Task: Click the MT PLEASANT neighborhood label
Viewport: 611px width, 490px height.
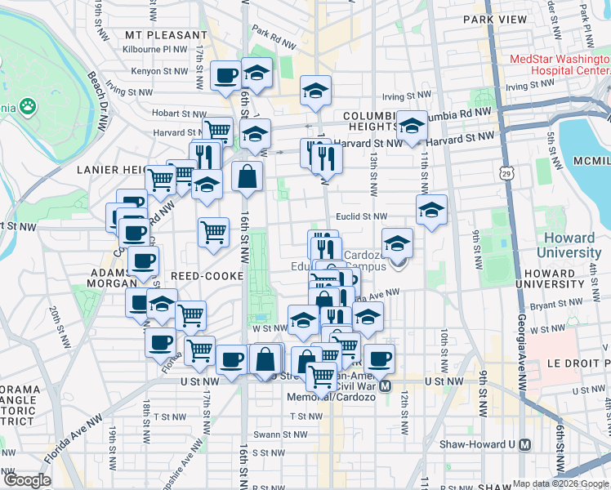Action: click(167, 35)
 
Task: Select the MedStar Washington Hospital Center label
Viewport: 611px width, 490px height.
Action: click(559, 65)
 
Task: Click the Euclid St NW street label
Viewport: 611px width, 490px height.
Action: click(361, 216)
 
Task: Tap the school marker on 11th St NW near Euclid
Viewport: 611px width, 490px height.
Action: click(431, 210)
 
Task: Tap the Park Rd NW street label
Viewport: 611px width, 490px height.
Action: click(273, 35)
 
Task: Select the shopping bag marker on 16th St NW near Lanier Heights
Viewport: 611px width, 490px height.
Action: click(247, 176)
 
